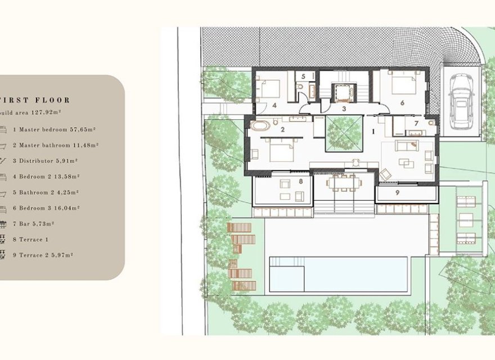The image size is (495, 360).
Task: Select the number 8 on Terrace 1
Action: [301, 181]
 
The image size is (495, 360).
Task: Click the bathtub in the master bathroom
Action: [260, 125]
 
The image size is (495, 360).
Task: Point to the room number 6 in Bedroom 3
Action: [402, 103]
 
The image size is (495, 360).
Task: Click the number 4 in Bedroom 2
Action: [274, 105]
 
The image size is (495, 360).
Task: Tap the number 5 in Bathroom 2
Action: [302, 76]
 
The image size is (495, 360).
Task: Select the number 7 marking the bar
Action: [416, 123]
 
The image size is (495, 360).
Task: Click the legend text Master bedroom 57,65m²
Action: [54, 129]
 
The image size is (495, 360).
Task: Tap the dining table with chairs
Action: [343, 182]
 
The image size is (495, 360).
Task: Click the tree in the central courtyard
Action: [344, 133]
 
